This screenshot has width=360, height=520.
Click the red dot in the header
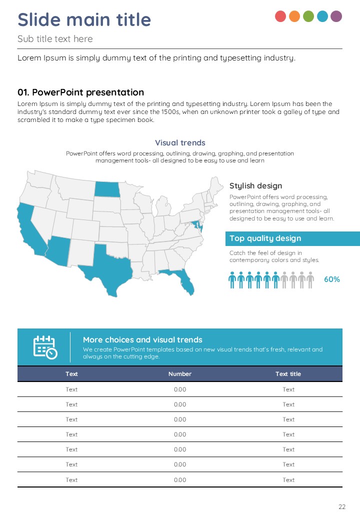coord(280,16)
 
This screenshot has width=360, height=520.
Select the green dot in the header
coord(308,16)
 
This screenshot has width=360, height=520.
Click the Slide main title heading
coord(84,20)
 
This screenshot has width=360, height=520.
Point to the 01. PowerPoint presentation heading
coord(80,92)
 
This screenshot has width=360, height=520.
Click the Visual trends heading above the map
coord(180,143)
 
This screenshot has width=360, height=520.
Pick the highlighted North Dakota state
coord(107,189)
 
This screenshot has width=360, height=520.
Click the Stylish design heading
coord(255,186)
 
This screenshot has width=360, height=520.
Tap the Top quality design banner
coord(292,238)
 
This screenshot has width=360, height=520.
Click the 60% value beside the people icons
coord(332,279)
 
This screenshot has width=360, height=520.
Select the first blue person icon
coord(232,280)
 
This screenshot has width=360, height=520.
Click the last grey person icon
coord(310,280)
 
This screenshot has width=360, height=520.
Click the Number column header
coord(180,374)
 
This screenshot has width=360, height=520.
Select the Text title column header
coord(288,374)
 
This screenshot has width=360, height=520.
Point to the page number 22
coord(342,507)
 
